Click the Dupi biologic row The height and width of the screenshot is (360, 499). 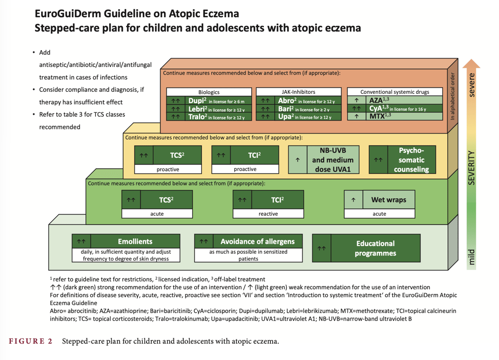(x=209, y=101)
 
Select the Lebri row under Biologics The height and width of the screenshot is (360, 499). (x=209, y=109)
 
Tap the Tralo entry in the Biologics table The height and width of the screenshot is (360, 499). (x=209, y=117)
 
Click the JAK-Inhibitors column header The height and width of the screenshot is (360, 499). (x=298, y=92)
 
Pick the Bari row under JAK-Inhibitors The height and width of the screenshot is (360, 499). (x=298, y=109)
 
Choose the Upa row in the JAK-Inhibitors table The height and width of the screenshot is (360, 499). (x=298, y=117)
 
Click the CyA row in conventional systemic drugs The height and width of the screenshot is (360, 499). (x=395, y=108)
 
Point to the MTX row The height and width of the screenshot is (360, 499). (x=395, y=116)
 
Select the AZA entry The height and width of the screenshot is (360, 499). (x=395, y=100)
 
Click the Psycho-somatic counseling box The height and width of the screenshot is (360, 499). (x=402, y=159)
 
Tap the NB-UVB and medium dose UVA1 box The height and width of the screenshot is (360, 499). (x=324, y=159)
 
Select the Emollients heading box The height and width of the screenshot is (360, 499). (x=126, y=241)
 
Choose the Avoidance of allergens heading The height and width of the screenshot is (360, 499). (x=248, y=241)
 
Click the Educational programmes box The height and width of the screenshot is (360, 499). (x=366, y=248)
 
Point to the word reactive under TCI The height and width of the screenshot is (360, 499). (x=268, y=214)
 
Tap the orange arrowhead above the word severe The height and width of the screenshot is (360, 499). (x=471, y=63)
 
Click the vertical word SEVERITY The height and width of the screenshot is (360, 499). (x=471, y=168)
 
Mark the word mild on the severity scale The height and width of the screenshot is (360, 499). (x=471, y=257)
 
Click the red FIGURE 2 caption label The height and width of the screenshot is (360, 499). (x=30, y=341)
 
